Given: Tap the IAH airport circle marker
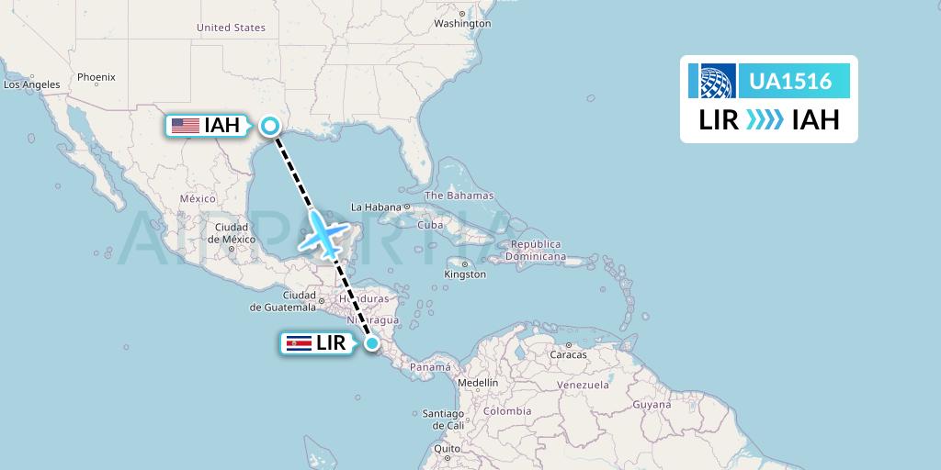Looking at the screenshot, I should [x=271, y=126].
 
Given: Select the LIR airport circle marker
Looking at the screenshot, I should [x=372, y=343].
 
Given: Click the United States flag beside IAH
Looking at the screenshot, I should [x=186, y=126].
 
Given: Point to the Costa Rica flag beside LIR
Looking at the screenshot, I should [x=299, y=343].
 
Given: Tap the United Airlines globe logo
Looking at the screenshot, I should [x=713, y=82].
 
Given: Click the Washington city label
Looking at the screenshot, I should [x=462, y=23].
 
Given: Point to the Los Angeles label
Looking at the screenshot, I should [x=32, y=84].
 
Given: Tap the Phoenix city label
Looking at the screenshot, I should [x=96, y=77].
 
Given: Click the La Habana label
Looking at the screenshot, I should [x=377, y=207].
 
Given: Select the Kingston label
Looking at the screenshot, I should [x=465, y=274].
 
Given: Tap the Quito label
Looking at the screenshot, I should [x=448, y=449].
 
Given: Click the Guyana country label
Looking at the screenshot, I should [x=652, y=404].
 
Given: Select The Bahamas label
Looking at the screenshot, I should [x=459, y=196].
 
